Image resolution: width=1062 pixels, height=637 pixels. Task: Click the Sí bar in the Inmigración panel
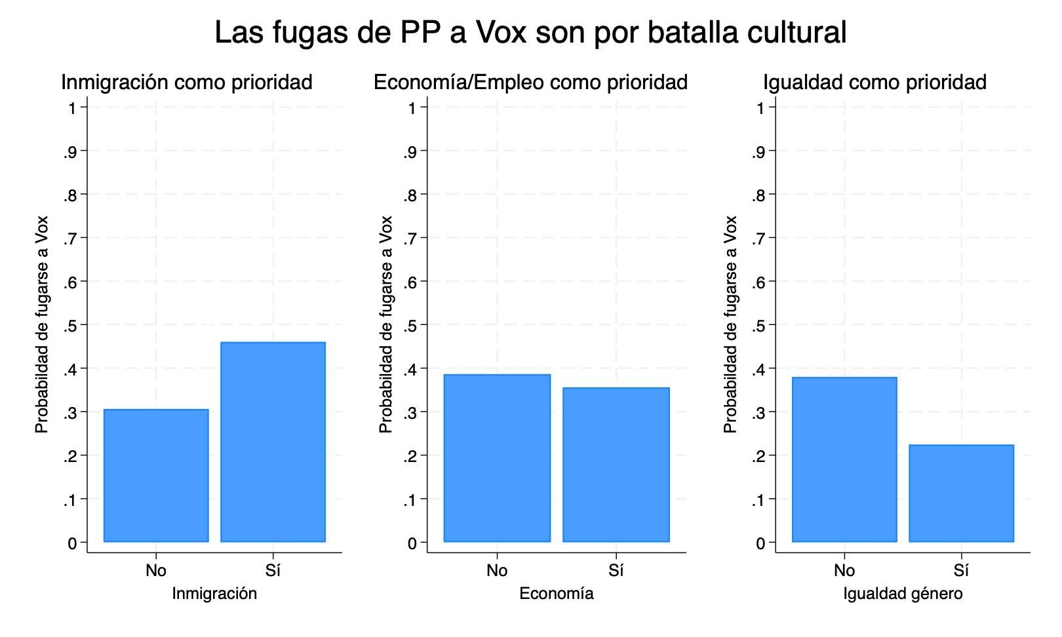tap(273, 442)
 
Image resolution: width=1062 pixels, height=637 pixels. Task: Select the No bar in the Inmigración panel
tap(156, 476)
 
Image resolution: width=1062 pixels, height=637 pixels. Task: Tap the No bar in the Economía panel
tap(497, 458)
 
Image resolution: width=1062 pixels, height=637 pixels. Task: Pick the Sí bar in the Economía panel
tap(616, 465)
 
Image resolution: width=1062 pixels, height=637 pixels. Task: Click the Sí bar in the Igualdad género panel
tap(961, 493)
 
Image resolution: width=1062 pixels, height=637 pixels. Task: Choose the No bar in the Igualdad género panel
tap(844, 459)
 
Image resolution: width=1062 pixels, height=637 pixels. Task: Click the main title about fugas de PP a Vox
tap(530, 32)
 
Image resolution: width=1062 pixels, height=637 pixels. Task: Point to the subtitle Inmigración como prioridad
tap(186, 83)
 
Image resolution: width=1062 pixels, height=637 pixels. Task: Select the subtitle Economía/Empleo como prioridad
tap(530, 83)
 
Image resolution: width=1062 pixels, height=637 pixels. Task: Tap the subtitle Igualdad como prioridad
tap(875, 83)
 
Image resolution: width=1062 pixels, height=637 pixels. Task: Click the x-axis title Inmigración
tap(214, 594)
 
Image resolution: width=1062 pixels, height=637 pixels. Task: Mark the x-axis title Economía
tap(557, 594)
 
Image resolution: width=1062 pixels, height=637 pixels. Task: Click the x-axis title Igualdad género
tap(903, 594)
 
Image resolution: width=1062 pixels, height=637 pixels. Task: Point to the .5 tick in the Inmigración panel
tap(71, 326)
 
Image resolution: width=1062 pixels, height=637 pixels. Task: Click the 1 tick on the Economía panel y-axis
tap(412, 107)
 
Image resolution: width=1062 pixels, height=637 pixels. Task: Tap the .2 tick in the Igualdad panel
tap(759, 456)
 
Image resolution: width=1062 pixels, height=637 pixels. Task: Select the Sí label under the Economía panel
tap(616, 571)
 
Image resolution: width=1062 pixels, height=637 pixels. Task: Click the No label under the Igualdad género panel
tap(844, 571)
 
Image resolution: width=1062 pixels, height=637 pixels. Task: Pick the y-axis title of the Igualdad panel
tap(730, 324)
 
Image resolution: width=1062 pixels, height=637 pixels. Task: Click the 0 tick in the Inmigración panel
tap(72, 543)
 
